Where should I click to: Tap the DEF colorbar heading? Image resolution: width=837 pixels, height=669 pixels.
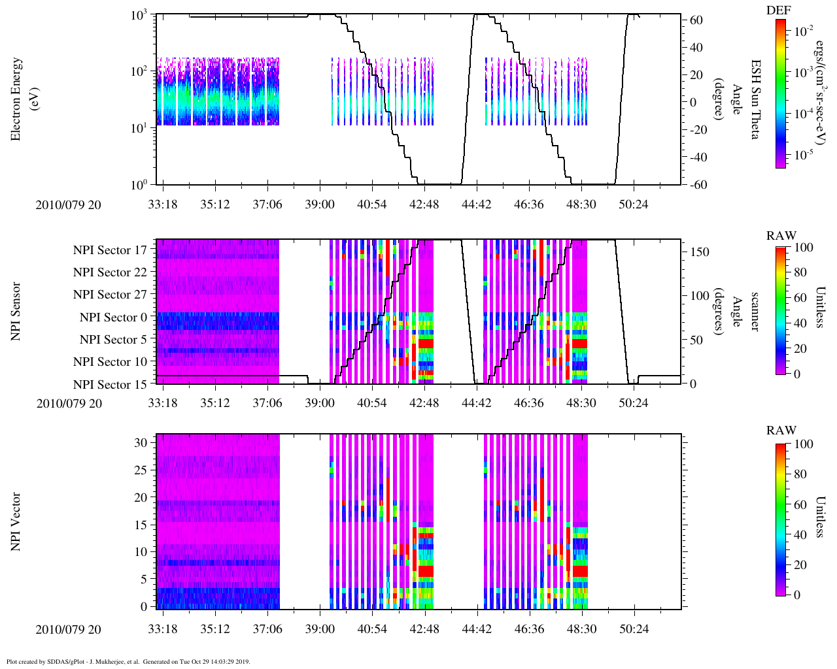click(x=778, y=10)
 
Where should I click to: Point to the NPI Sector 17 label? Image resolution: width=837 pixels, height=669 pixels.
click(x=110, y=250)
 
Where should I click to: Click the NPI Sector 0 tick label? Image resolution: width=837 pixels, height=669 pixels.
click(x=113, y=318)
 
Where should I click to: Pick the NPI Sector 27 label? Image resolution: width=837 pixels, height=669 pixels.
click(x=110, y=295)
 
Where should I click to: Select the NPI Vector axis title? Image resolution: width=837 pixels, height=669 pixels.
click(x=16, y=522)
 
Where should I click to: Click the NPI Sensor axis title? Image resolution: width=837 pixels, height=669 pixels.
click(x=16, y=311)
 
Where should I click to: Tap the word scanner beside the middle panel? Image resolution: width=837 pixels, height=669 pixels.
click(x=755, y=311)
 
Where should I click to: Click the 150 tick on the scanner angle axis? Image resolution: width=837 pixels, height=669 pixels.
click(x=700, y=252)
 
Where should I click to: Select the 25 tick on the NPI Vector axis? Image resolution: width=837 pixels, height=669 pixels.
click(x=141, y=470)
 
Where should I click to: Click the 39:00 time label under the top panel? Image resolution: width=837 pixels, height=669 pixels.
click(x=319, y=204)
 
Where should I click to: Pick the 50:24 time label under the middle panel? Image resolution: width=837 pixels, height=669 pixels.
click(x=633, y=403)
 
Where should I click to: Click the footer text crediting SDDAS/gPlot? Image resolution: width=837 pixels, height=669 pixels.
click(x=128, y=661)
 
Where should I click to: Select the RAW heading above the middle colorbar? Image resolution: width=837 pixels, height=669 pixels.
click(x=781, y=236)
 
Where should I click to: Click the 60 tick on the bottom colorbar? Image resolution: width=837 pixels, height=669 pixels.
click(x=800, y=504)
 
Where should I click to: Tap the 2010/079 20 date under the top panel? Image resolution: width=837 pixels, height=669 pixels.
click(x=69, y=204)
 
